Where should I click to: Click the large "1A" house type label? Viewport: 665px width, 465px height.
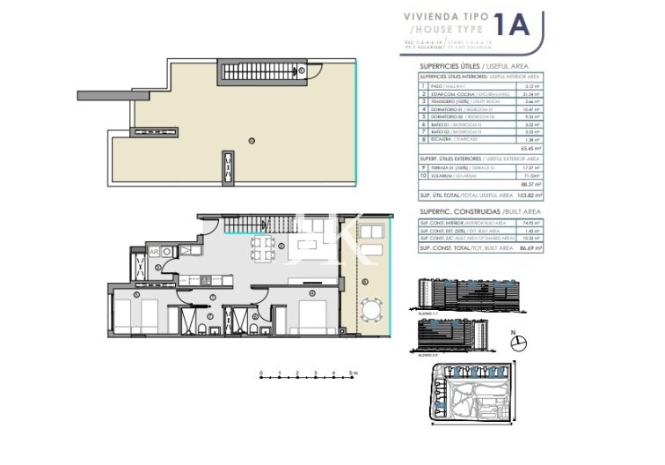click(x=513, y=26)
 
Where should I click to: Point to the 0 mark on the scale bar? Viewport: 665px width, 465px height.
click(x=261, y=373)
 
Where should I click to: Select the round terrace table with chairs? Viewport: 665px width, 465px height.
click(x=371, y=310)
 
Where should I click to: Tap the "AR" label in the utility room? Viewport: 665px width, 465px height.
click(x=154, y=251)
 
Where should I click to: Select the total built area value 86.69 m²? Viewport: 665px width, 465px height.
click(x=530, y=249)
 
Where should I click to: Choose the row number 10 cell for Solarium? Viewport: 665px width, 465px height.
click(x=423, y=174)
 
